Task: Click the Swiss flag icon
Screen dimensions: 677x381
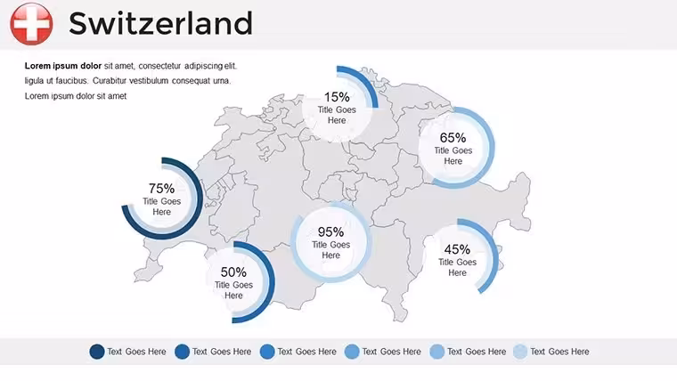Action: [31, 24]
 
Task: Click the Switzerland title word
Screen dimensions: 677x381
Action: [160, 24]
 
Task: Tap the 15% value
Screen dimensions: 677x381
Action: [337, 97]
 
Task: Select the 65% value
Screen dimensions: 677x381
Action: [453, 138]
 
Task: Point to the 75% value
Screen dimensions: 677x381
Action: [161, 189]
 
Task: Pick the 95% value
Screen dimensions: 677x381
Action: [330, 232]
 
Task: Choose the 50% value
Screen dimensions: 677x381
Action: [233, 272]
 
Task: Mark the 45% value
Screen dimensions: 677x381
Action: [457, 249]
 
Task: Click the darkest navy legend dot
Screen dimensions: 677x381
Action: [97, 352]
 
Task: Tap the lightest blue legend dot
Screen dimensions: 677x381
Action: [520, 352]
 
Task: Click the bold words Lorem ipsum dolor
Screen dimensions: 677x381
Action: [63, 66]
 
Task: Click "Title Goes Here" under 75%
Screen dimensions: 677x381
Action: [161, 207]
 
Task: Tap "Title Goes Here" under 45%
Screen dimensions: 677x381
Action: [457, 268]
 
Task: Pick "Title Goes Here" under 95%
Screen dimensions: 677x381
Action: [330, 250]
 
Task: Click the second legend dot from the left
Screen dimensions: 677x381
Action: [182, 352]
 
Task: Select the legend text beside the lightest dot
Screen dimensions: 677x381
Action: [559, 352]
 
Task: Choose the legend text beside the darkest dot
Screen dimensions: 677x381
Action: [136, 352]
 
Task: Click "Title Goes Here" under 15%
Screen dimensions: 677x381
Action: [337, 115]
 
